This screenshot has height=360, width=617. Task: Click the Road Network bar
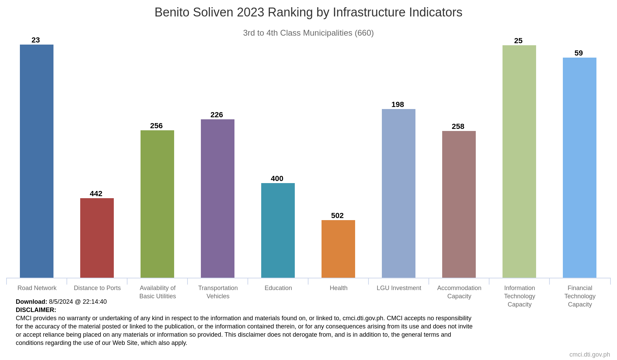(x=37, y=161)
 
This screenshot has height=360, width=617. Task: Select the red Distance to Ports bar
(x=97, y=238)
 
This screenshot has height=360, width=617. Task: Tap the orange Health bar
(x=338, y=249)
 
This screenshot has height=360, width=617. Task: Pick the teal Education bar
(x=278, y=230)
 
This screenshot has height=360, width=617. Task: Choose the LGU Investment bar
(x=399, y=193)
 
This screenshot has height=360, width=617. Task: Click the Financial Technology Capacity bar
(x=580, y=168)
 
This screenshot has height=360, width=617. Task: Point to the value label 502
(x=337, y=216)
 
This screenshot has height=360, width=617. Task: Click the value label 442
(x=96, y=194)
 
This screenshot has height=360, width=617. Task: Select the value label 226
(x=217, y=115)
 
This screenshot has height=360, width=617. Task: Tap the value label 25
(x=518, y=41)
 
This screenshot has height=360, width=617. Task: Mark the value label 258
(x=458, y=127)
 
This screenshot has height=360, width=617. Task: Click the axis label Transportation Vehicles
(x=218, y=292)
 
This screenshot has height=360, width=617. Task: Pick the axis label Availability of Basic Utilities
(x=158, y=292)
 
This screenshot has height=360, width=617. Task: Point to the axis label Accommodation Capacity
(x=459, y=292)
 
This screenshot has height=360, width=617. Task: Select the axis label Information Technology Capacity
(x=520, y=296)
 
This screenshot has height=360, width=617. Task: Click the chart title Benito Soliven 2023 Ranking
(x=308, y=12)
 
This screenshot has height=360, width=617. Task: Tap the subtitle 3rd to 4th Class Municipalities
(x=308, y=33)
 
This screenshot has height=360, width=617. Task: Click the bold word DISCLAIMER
(x=36, y=310)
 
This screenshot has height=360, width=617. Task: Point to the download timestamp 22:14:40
(x=95, y=302)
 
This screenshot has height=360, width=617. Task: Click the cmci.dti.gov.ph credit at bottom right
(x=590, y=355)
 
